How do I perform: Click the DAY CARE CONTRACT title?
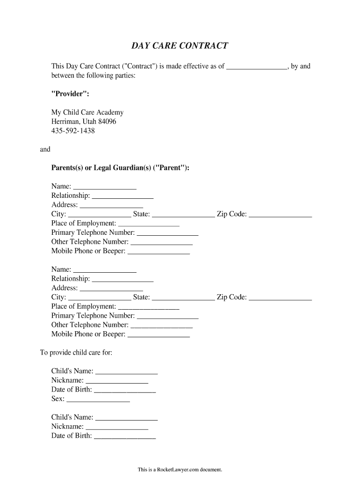[x=180, y=46]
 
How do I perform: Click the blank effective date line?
[x=257, y=67]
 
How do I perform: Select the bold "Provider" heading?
[x=70, y=94]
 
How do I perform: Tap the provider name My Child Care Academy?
[x=87, y=112]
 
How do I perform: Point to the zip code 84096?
[x=107, y=122]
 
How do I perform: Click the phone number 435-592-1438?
[x=73, y=131]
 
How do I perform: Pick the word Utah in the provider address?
[x=89, y=122]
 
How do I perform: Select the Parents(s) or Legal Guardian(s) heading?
[x=120, y=168]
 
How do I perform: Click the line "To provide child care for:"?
[x=76, y=352]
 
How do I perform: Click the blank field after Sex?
[x=98, y=400]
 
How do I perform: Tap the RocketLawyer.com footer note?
[x=180, y=469]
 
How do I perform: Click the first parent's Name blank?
[x=105, y=187]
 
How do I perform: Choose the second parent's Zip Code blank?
[x=280, y=298]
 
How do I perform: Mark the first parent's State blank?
[x=183, y=215]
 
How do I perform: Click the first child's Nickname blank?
[x=117, y=381]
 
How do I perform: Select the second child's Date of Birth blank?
[x=125, y=437]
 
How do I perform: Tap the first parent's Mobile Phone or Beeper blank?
[x=158, y=252]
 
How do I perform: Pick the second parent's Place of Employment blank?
[x=149, y=307]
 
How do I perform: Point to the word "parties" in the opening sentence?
[x=123, y=75]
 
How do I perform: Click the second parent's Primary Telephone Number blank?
[x=167, y=317]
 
